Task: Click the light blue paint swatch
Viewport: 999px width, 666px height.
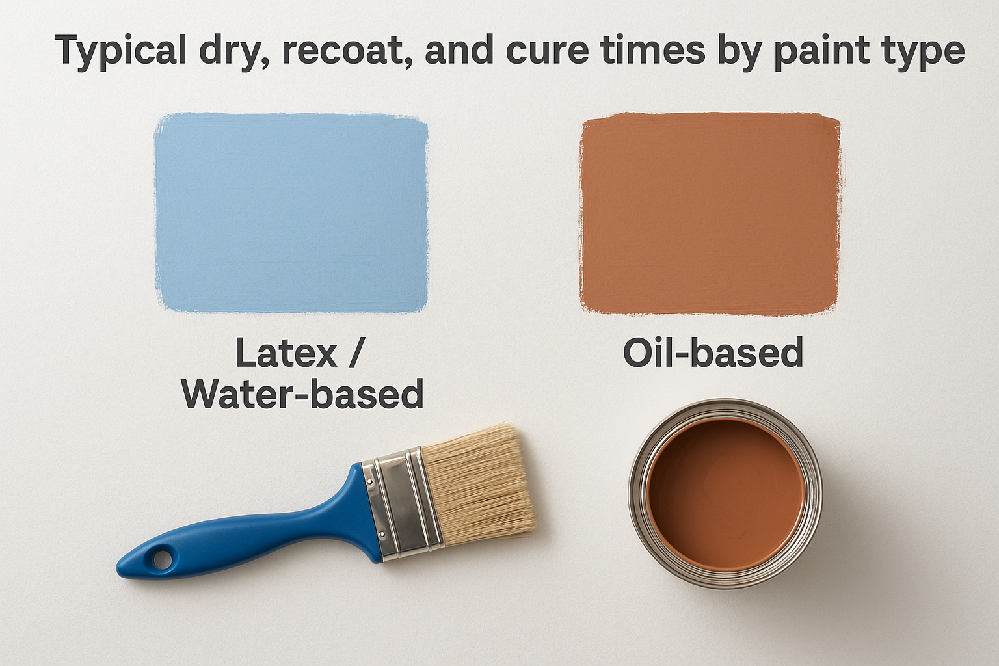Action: (291, 213)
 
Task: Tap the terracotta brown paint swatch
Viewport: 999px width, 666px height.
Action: (710, 213)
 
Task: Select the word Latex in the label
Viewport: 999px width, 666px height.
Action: (286, 353)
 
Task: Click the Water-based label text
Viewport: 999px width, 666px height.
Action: (302, 394)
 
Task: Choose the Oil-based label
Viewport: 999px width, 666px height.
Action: (713, 353)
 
